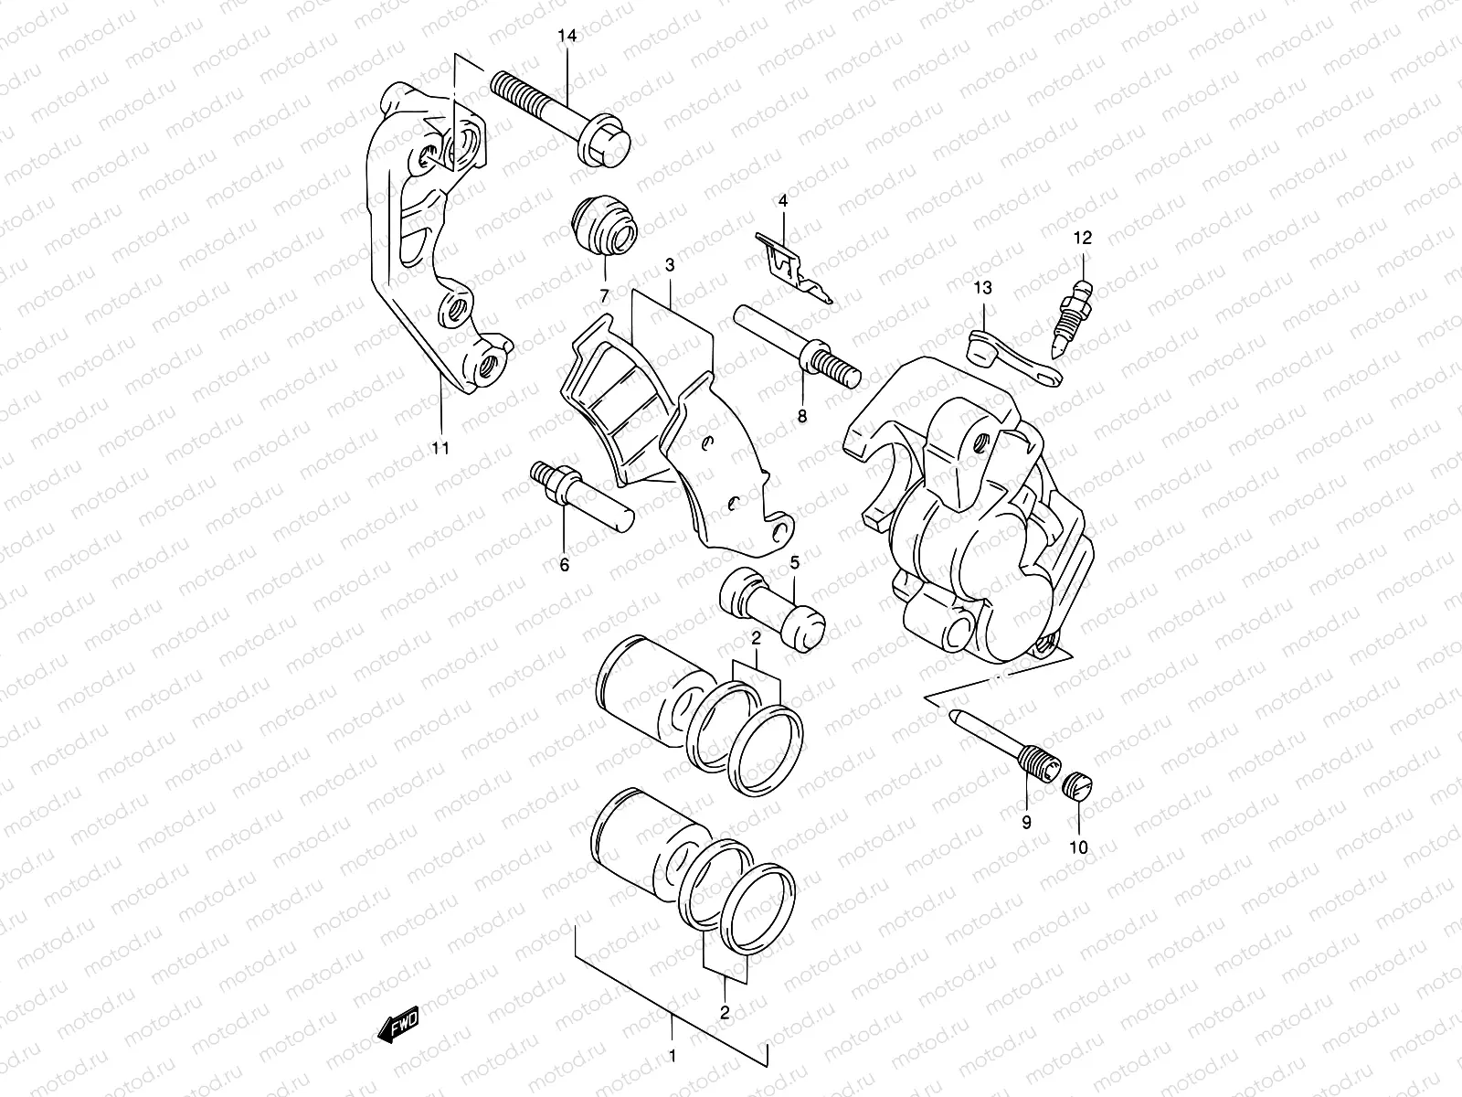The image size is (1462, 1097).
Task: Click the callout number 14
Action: (567, 37)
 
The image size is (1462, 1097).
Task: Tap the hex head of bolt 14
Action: (609, 144)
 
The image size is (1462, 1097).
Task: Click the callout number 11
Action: (440, 448)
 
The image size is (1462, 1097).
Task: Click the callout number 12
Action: (1082, 240)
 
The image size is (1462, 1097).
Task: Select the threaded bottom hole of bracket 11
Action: (488, 363)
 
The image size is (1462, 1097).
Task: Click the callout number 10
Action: (1079, 847)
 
